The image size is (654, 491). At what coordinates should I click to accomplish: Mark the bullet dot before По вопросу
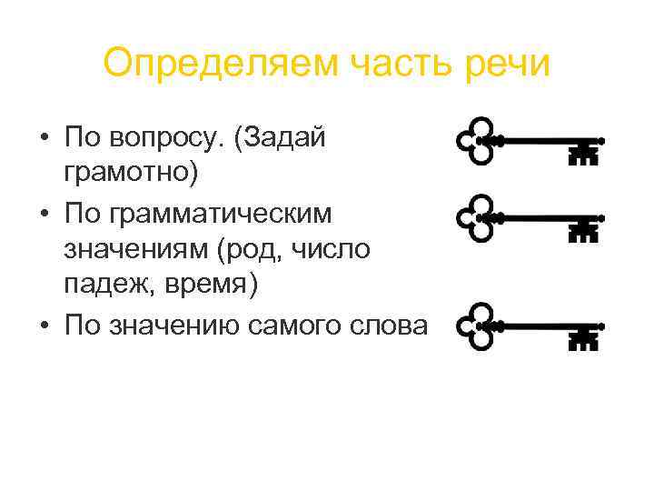click(44, 139)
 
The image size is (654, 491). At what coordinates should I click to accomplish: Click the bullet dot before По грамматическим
click(44, 215)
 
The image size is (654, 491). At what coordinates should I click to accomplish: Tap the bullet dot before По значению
click(44, 325)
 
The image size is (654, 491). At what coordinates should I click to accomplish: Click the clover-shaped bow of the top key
click(477, 140)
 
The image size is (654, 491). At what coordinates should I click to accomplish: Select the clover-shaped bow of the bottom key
click(477, 324)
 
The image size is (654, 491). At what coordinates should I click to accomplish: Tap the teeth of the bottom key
click(583, 337)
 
